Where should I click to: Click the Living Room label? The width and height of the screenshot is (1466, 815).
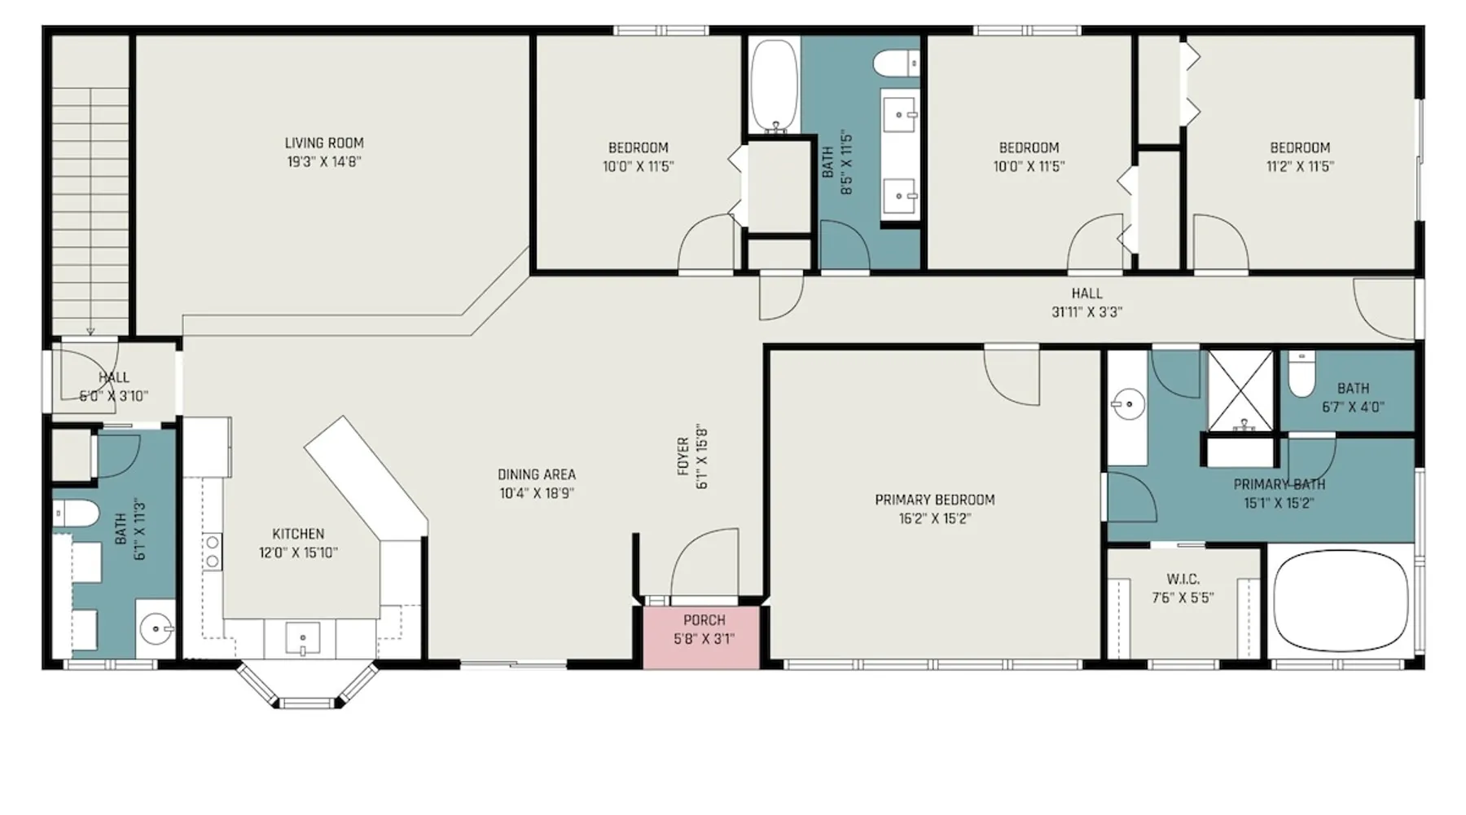[x=324, y=143]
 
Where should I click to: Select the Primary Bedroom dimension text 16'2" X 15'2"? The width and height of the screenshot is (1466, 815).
[x=935, y=518]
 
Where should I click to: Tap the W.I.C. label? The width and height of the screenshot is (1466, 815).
[x=1183, y=579]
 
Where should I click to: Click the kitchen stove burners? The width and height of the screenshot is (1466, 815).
[x=212, y=552]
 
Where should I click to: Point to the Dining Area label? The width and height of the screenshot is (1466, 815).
[x=537, y=474]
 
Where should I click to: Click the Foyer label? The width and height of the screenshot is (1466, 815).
[x=683, y=456]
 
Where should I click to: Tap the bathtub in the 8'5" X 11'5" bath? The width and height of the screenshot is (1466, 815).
[x=774, y=86]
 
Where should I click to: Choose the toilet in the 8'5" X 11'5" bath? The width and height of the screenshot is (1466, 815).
[x=896, y=63]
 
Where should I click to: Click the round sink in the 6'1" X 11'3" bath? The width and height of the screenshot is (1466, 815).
[x=155, y=628]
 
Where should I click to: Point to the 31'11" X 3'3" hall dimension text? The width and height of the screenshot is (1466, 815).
[x=1086, y=311]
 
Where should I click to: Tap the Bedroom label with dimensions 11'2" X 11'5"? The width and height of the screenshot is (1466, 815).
[x=1300, y=148]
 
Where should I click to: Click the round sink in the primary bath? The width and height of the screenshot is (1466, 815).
[x=1129, y=404]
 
